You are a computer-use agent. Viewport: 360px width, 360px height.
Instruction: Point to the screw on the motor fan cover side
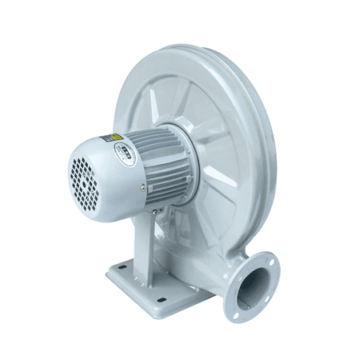point(143,189)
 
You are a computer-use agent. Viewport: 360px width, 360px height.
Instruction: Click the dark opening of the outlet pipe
point(254,283)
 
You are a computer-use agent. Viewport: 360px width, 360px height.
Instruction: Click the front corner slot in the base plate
point(161,299)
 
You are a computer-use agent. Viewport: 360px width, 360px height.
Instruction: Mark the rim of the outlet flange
point(274,276)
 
